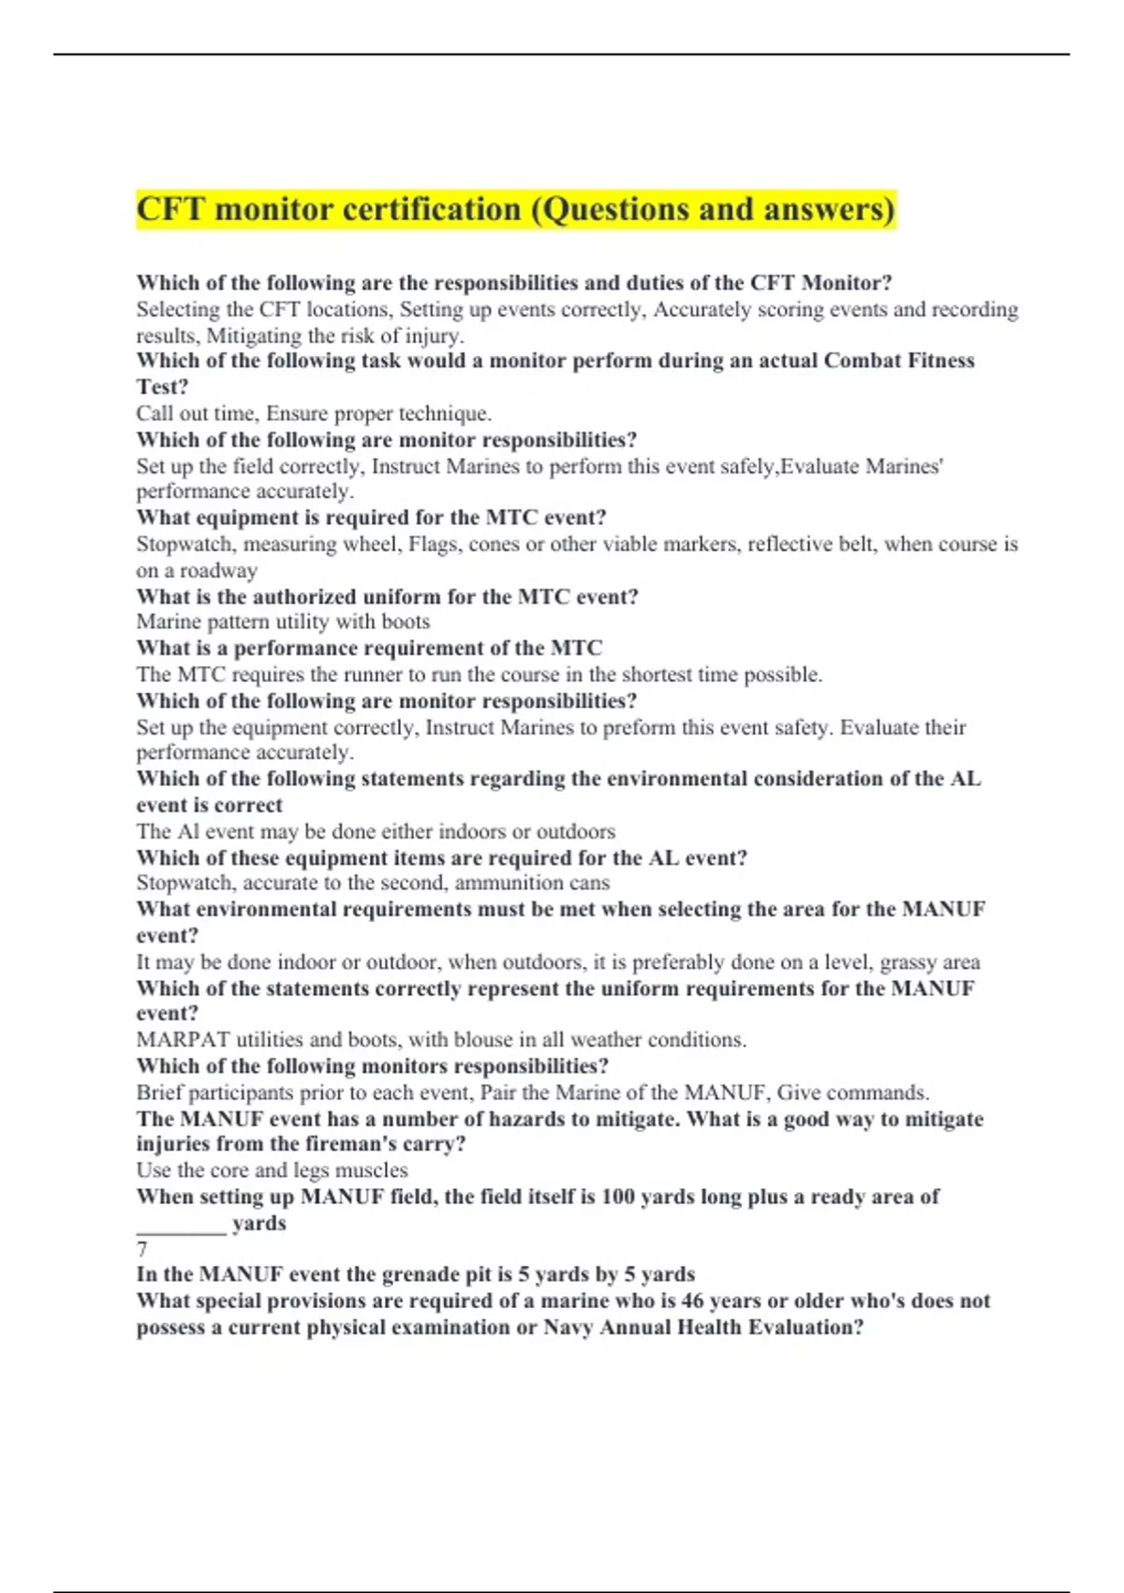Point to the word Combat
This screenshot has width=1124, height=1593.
click(863, 361)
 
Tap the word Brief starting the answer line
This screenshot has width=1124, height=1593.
click(159, 1093)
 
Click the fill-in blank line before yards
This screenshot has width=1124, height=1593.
click(181, 1228)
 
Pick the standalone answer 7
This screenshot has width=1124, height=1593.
click(142, 1250)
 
